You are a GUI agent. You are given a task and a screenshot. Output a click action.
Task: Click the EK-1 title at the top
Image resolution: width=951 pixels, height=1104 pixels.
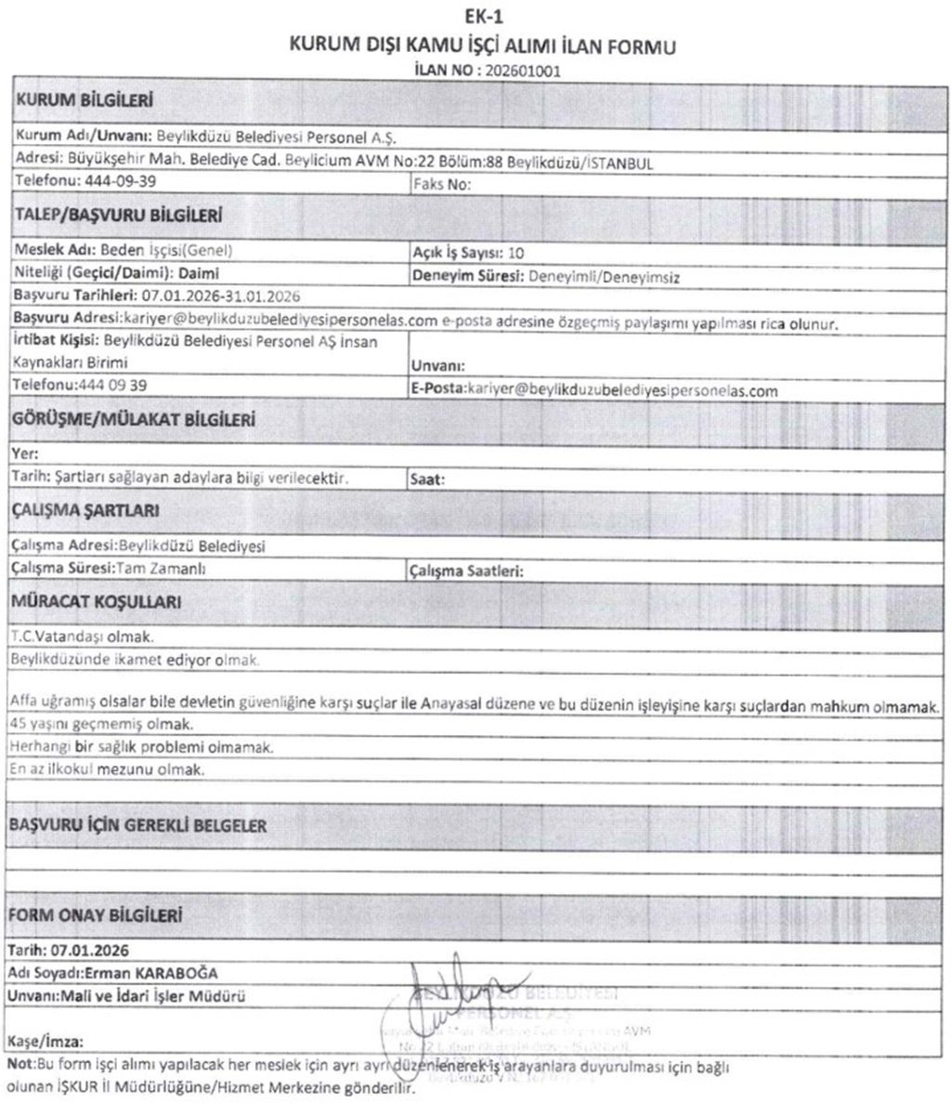click(475, 16)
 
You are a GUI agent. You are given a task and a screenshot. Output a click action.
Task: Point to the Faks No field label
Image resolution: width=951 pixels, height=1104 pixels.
click(440, 184)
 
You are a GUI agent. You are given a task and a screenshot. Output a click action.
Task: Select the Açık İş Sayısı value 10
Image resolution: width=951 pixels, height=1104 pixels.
click(516, 253)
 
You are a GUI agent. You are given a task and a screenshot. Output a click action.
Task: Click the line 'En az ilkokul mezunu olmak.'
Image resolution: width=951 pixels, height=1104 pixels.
click(106, 769)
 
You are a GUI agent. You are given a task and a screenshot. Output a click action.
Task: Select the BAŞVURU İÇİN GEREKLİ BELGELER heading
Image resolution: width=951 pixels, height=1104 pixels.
click(137, 825)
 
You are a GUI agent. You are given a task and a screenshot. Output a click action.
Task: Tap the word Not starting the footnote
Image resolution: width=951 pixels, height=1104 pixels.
click(19, 1065)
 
